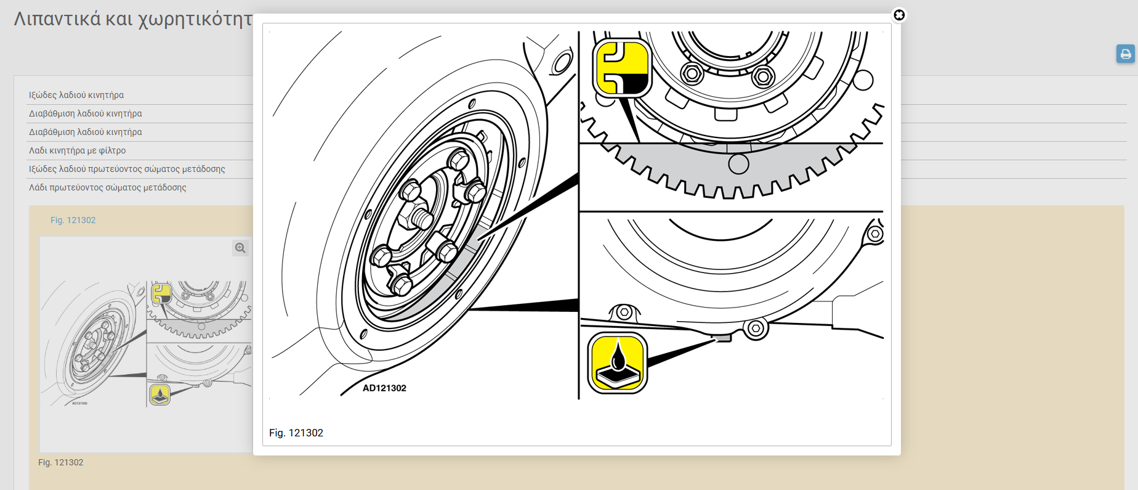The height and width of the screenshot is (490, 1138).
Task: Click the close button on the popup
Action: (x=899, y=15)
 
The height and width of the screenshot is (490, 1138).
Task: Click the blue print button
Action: (x=1126, y=54)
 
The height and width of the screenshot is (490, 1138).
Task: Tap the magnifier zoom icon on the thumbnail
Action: (x=240, y=248)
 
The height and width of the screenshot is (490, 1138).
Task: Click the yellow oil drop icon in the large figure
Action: (x=618, y=363)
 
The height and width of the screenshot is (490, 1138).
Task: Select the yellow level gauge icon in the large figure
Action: (x=622, y=67)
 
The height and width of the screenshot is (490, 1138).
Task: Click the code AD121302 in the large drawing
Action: (x=384, y=388)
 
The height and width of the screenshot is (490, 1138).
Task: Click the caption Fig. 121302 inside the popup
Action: (x=296, y=433)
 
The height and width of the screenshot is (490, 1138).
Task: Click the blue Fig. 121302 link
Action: (x=73, y=220)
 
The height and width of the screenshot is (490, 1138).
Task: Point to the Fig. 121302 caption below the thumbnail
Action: (x=60, y=462)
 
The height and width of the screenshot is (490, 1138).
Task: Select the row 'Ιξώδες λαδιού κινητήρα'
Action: (x=76, y=95)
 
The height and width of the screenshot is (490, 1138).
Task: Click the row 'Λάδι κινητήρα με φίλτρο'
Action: (x=77, y=150)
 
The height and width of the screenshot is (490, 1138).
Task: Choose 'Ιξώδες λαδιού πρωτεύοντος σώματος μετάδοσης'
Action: (x=127, y=169)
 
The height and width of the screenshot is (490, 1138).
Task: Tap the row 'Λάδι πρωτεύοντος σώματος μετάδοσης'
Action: (x=107, y=187)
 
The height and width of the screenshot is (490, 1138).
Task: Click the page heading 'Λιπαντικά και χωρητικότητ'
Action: (x=133, y=18)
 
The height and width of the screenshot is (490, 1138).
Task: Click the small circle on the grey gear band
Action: (x=738, y=164)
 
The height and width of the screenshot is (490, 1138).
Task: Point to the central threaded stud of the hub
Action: (x=421, y=217)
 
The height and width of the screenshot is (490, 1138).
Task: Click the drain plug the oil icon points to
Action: (x=722, y=337)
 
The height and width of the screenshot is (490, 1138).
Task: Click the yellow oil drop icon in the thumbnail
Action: (x=160, y=394)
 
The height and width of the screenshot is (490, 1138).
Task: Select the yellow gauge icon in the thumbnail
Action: (x=161, y=293)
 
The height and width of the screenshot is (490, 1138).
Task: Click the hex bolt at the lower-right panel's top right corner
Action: (x=875, y=234)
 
